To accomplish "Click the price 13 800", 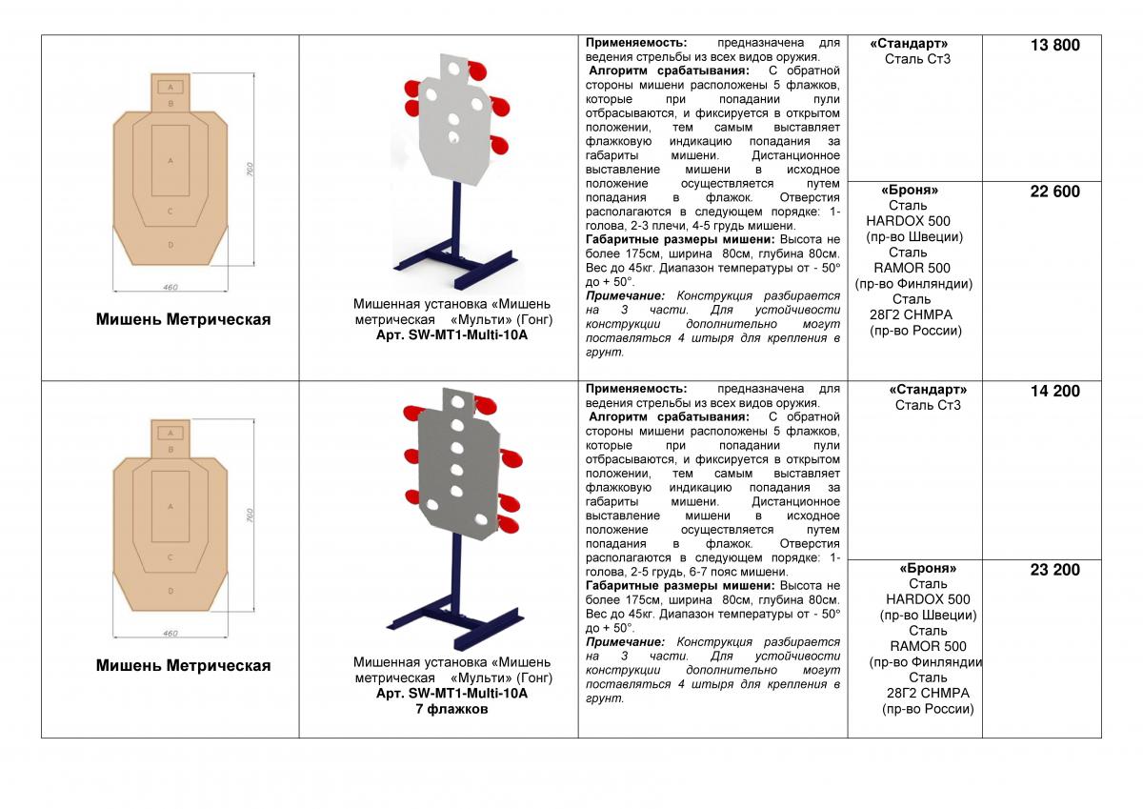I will pyautogui.click(x=1054, y=45).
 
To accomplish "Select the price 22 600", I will pyautogui.click(x=1054, y=192).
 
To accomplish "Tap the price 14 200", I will pyautogui.click(x=1054, y=391).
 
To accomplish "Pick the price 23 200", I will pyautogui.click(x=1054, y=570).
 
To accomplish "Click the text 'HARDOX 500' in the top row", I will pyautogui.click(x=908, y=221).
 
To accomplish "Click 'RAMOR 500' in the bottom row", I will pyautogui.click(x=928, y=646).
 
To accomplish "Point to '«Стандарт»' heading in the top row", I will pyautogui.click(x=909, y=44).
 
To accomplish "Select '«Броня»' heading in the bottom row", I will pyautogui.click(x=928, y=569).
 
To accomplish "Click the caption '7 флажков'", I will pyautogui.click(x=451, y=710).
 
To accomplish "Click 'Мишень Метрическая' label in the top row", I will pyautogui.click(x=183, y=319).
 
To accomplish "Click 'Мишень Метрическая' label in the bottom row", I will pyautogui.click(x=183, y=665).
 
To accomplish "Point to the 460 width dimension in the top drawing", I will pyautogui.click(x=170, y=286).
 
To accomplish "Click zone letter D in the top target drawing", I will pyautogui.click(x=170, y=245).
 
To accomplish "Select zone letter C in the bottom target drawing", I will pyautogui.click(x=170, y=556).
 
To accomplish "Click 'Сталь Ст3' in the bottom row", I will pyautogui.click(x=928, y=405).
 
